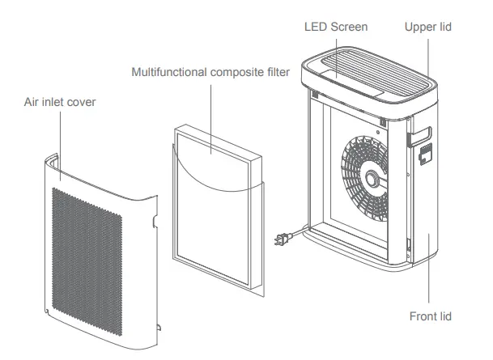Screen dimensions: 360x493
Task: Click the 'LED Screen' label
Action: pyautogui.click(x=335, y=27)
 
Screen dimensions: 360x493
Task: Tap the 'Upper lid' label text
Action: pyautogui.click(x=428, y=27)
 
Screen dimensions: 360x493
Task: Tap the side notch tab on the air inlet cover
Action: pyautogui.click(x=152, y=218)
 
